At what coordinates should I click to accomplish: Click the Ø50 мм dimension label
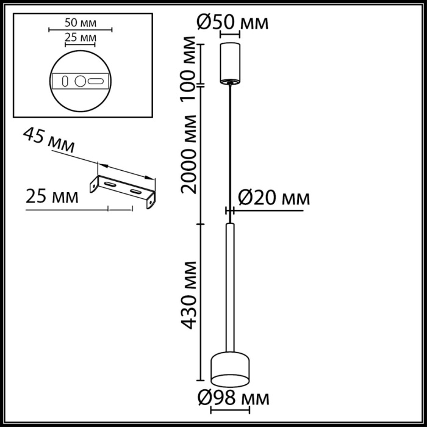tap(231, 23)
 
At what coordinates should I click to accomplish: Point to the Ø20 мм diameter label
tap(273, 198)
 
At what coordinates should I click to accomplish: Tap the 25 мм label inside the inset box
tap(80, 38)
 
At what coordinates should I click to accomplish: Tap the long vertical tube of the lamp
tap(230, 287)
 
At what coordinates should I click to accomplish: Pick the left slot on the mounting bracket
tap(110, 184)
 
